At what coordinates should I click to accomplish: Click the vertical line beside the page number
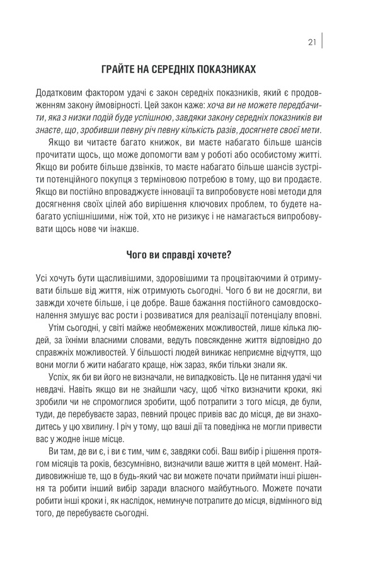(x=323, y=42)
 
